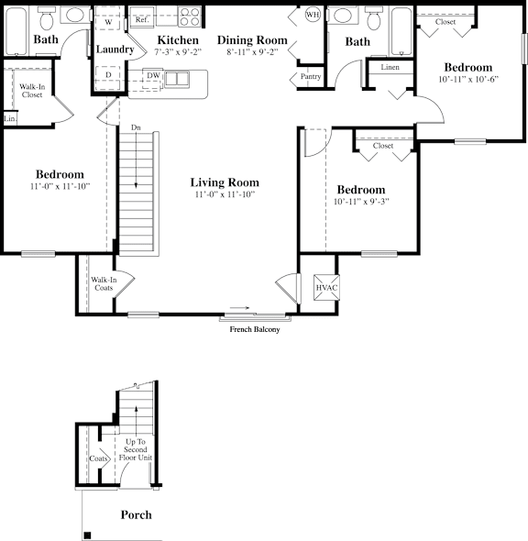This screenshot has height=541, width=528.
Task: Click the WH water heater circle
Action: point(313,15)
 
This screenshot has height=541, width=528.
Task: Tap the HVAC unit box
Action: point(326,287)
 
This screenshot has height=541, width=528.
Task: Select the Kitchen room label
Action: point(178,40)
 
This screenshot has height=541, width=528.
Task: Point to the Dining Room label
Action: point(252,40)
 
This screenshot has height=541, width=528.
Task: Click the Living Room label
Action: point(225,182)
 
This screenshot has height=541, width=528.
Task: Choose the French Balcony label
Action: point(255,329)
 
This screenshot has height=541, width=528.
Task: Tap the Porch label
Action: point(137,514)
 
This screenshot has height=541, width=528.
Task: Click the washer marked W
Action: point(108,22)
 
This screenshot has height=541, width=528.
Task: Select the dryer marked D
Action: point(108,75)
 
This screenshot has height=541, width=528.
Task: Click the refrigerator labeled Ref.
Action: point(142,19)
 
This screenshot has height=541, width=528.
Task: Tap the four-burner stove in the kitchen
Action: point(190,17)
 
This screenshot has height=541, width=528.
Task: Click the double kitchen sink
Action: point(177,79)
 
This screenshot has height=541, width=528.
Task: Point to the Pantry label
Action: point(311,76)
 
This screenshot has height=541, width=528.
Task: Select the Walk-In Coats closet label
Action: point(104,283)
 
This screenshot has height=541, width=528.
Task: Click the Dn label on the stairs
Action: point(136,127)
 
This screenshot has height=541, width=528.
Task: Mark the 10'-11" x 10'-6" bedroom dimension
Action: point(468,80)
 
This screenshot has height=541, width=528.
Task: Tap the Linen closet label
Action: point(390,67)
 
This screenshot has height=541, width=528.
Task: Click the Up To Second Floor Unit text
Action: point(136,449)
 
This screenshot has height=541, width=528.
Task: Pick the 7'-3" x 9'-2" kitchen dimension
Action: point(178,52)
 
